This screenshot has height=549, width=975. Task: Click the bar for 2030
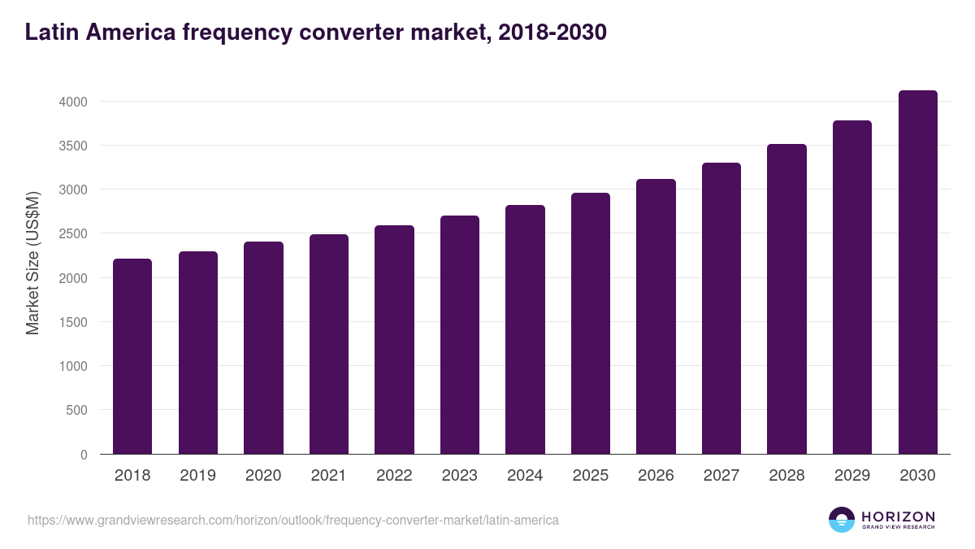(917, 272)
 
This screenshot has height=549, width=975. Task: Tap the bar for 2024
(525, 329)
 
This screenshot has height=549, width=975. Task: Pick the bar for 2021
(329, 344)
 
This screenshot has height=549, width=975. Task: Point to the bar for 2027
(721, 308)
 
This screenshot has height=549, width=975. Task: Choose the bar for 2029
(852, 287)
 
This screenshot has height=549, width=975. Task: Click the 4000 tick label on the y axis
(73, 102)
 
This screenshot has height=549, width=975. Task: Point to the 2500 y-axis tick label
(73, 234)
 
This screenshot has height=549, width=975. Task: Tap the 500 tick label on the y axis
(76, 411)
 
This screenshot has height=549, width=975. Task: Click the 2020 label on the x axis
(263, 476)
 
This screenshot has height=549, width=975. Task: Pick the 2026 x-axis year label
(656, 476)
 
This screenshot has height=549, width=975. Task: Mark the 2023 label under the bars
(459, 476)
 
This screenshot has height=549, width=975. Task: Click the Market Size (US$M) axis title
(32, 263)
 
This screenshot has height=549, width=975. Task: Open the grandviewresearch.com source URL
(293, 520)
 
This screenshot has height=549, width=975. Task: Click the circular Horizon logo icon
(842, 520)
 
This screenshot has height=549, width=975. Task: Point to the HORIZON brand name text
(898, 516)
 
